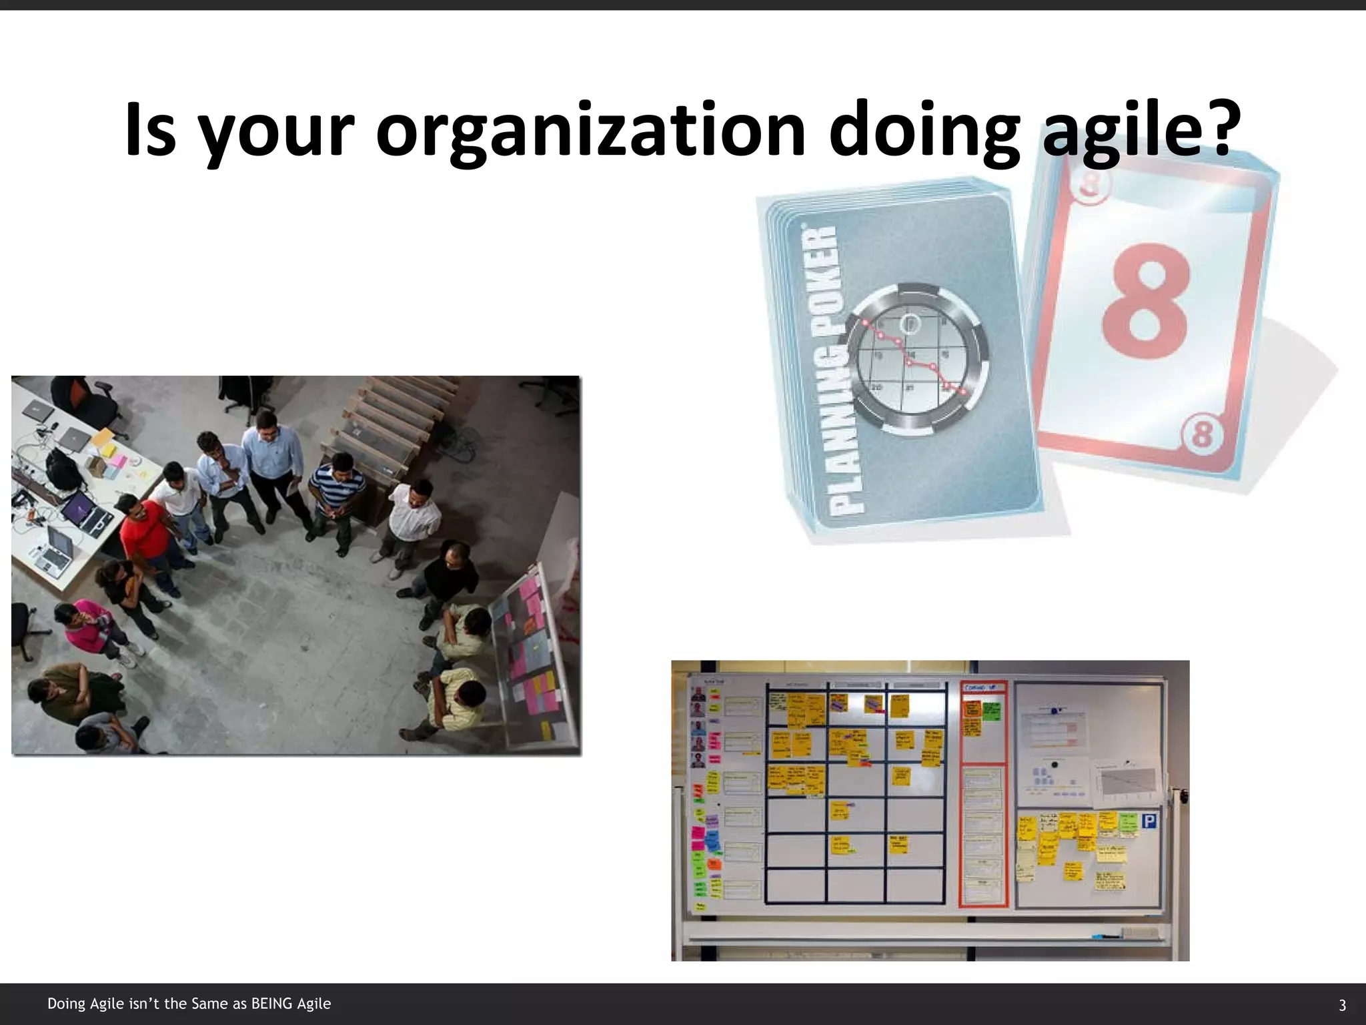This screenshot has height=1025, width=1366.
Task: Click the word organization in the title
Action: (590, 130)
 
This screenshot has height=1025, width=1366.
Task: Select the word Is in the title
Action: (149, 130)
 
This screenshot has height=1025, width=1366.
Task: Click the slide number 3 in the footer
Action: (1342, 1005)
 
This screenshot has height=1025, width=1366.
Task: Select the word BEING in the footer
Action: (271, 1004)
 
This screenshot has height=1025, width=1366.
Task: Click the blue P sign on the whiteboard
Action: (1148, 822)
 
